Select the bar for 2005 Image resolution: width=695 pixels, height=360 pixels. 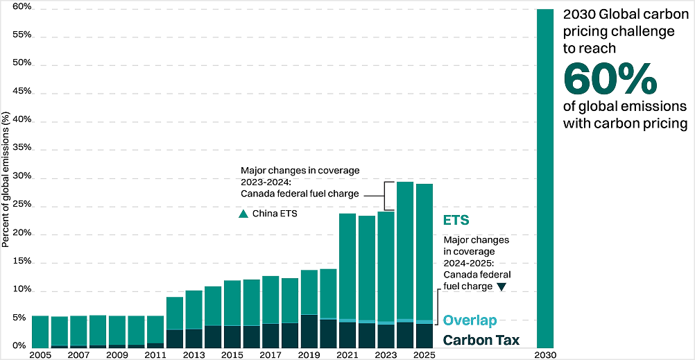click(x=40, y=331)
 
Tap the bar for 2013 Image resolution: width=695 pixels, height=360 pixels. click(x=194, y=318)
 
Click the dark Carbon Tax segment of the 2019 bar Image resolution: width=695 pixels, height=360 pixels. click(x=309, y=331)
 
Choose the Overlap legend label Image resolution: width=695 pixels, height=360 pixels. click(x=470, y=321)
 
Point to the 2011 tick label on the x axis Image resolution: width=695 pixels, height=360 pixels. click(x=155, y=354)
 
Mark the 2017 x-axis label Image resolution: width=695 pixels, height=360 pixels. click(x=271, y=354)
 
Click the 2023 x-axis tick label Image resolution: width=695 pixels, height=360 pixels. click(x=386, y=354)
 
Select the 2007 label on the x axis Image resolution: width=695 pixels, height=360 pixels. click(x=78, y=354)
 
